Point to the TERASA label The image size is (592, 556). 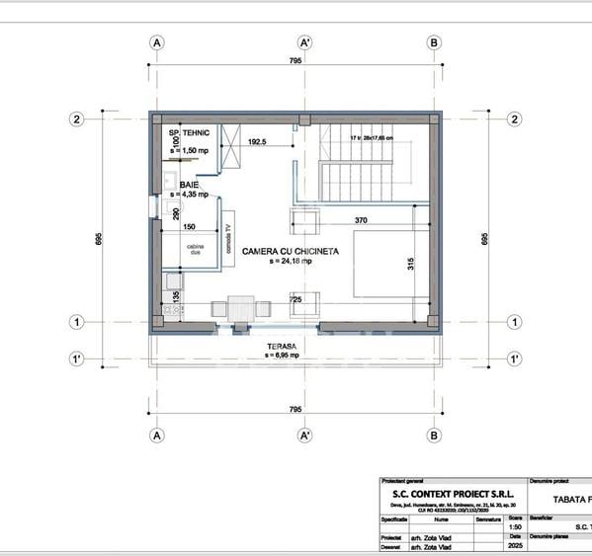(284, 346)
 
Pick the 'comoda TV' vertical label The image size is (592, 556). (228, 241)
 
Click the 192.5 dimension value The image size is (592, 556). (259, 142)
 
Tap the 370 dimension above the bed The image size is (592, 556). (361, 220)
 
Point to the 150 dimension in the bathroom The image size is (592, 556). (188, 226)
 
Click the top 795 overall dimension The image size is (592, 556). (296, 61)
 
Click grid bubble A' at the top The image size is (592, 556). (305, 42)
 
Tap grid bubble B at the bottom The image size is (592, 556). (434, 435)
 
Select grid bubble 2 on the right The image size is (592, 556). (514, 119)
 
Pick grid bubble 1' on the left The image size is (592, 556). (75, 357)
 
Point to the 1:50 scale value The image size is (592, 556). (514, 526)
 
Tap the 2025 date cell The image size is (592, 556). (514, 545)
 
